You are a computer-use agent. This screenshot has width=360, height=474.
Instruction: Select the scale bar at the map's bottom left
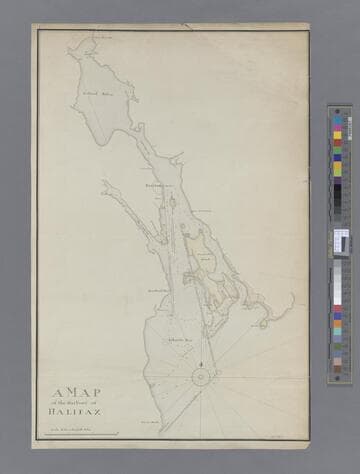coord(75,433)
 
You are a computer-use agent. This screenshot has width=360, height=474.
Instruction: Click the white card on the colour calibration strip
coord(341,241)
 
